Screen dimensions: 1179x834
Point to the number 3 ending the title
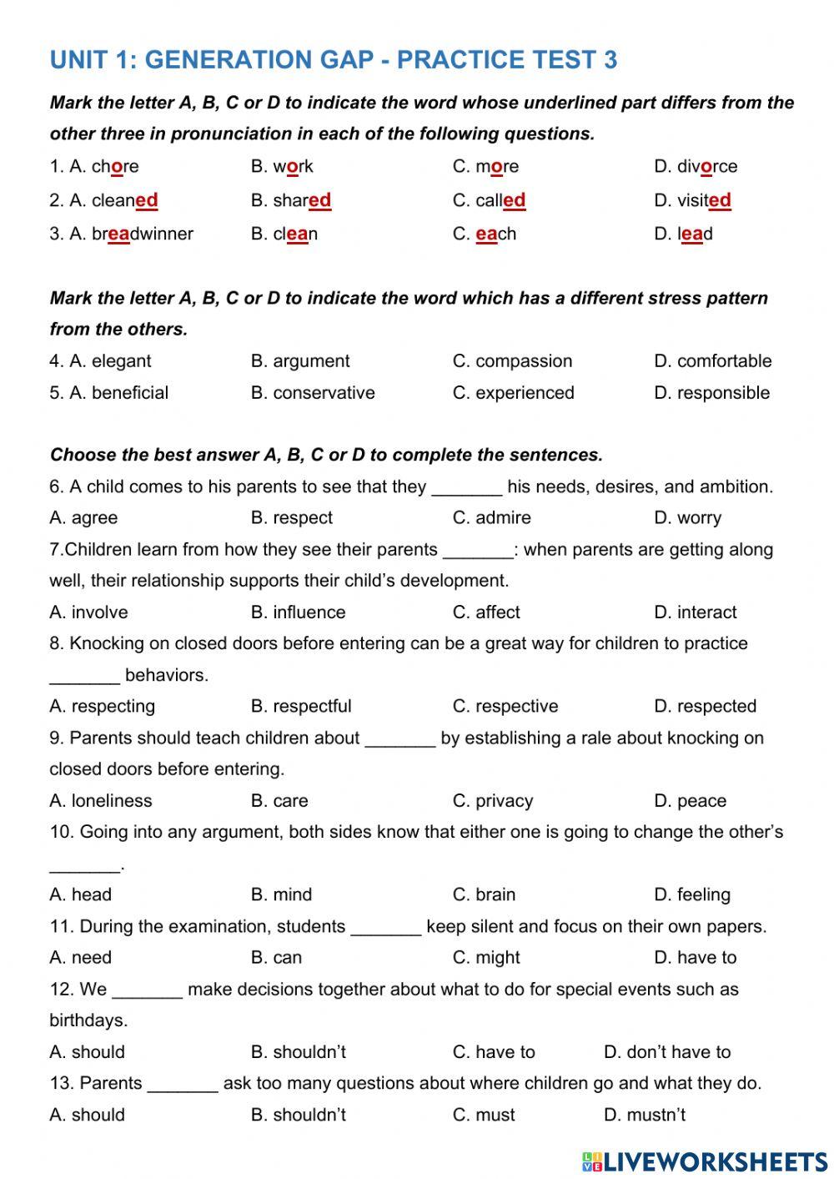pos(610,60)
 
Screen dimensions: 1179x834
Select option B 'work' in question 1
pos(293,166)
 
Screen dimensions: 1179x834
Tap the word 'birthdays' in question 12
pos(87,1020)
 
